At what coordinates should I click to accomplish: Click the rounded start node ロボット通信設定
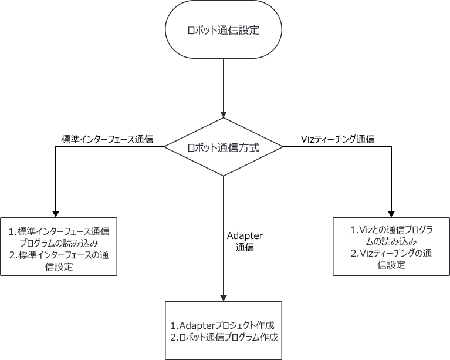click(223, 31)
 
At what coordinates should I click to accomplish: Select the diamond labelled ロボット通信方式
click(223, 147)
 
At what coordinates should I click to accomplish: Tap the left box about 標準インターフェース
click(59, 246)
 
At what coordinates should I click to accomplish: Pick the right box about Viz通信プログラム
click(391, 246)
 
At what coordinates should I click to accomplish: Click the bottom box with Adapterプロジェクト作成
click(223, 331)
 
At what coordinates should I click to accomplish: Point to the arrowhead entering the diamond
click(223, 115)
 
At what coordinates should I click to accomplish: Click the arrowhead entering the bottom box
click(223, 298)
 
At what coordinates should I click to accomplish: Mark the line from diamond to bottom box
click(223, 235)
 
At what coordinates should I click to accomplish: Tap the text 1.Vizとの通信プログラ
click(391, 230)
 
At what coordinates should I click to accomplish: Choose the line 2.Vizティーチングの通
click(391, 254)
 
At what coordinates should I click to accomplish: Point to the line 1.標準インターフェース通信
click(59, 231)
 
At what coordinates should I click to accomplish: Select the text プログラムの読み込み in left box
click(59, 243)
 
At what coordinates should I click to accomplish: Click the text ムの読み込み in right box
click(391, 242)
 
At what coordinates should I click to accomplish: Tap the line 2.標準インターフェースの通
click(59, 255)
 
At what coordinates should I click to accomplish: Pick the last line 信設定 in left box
click(59, 267)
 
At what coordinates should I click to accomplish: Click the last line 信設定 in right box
click(391, 265)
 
